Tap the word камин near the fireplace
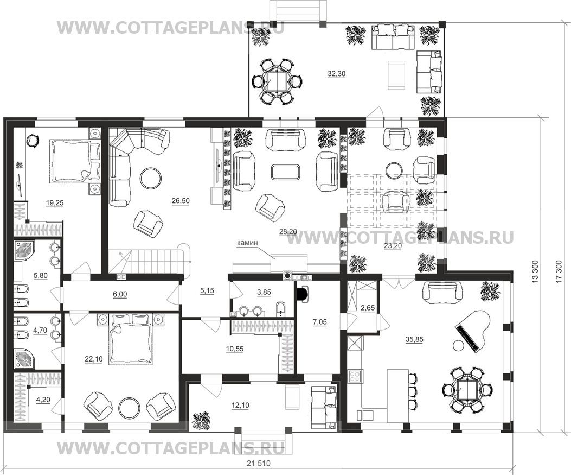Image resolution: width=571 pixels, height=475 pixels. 247,242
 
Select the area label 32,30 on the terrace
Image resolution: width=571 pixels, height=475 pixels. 337,74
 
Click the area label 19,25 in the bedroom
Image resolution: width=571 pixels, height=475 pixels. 55,203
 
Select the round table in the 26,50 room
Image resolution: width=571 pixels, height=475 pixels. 151,178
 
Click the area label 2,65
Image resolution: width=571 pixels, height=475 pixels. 368,308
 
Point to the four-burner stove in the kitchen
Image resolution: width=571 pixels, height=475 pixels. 355,376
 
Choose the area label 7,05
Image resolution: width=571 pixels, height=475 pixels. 320,322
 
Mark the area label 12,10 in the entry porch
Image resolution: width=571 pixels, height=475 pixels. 240,405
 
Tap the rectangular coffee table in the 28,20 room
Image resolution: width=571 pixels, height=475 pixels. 286,172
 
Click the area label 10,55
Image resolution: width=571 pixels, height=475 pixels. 234,349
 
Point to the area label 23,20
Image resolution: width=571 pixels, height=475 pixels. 393,246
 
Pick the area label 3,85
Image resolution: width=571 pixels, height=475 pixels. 264,292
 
